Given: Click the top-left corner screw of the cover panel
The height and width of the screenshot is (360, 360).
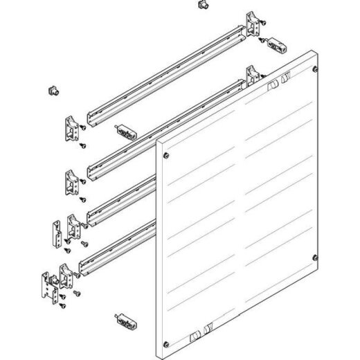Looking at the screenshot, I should (x=165, y=145).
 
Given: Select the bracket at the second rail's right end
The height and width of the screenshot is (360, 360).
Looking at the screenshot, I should (x=253, y=76).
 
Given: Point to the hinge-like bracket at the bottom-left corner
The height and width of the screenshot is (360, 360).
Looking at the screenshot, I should (x=47, y=285).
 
